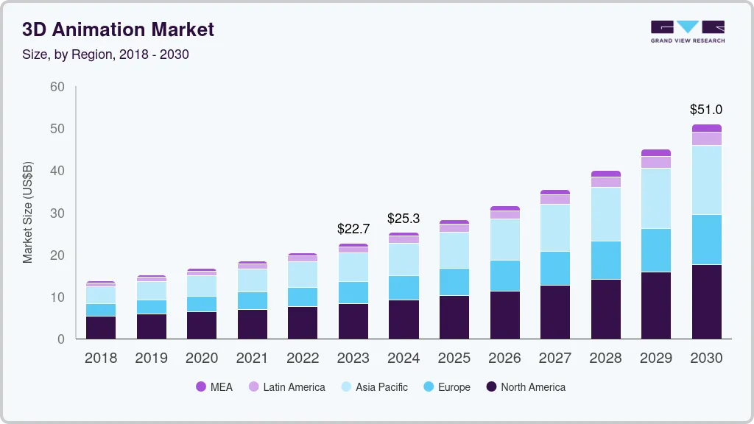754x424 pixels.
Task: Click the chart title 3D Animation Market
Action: (x=118, y=29)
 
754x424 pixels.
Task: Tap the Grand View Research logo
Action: (x=687, y=32)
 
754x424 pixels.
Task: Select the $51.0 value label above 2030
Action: (x=705, y=110)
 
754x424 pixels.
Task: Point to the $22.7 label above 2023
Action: (x=353, y=229)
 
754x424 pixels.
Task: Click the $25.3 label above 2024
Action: (x=404, y=219)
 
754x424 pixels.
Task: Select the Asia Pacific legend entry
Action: (x=373, y=387)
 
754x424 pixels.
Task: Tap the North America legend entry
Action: (x=525, y=387)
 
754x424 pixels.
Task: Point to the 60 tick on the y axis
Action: (x=57, y=87)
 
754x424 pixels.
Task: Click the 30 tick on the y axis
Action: (x=57, y=213)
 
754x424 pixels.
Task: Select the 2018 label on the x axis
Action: (x=100, y=358)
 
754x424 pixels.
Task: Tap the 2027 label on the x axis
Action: (x=554, y=358)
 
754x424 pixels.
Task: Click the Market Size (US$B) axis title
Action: (x=28, y=212)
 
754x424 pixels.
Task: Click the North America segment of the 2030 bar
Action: (x=705, y=302)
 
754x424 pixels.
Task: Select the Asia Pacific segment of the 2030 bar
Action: (x=705, y=180)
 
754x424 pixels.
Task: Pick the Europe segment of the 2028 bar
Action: (x=605, y=260)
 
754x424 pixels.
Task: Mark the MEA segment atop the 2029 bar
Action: (x=655, y=152)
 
